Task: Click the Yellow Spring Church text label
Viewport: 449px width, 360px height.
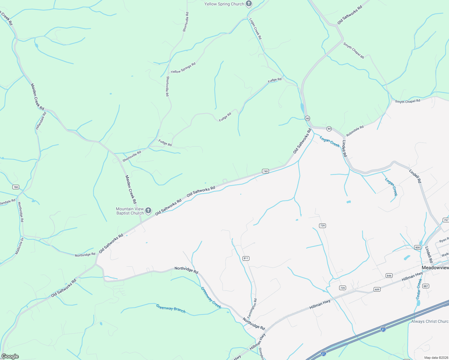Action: (224, 4)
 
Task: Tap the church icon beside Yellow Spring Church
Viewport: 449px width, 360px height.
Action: (249, 4)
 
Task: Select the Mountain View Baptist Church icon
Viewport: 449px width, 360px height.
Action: (148, 211)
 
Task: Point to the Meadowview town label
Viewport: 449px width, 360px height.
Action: (435, 268)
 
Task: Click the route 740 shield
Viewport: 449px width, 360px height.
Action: (265, 171)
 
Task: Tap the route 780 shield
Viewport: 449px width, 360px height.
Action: (16, 187)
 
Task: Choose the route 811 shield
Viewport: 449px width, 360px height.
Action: (246, 258)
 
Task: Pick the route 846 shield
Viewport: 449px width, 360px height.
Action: (389, 276)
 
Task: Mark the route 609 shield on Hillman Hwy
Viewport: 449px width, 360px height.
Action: (377, 289)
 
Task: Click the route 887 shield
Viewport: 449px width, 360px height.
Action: (426, 286)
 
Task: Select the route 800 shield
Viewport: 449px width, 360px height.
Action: (417, 247)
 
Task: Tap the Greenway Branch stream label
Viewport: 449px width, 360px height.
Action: (170, 308)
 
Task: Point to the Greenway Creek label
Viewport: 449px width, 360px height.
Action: (211, 298)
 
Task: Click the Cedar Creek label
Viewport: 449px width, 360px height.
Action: (419, 289)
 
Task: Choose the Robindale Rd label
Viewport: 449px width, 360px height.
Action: (355, 131)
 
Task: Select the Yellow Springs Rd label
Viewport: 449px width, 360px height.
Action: (183, 68)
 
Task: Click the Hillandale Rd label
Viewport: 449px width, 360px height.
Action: (41, 121)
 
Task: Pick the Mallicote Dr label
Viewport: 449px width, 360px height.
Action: (19, 246)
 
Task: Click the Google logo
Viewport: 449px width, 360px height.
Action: (10, 356)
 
